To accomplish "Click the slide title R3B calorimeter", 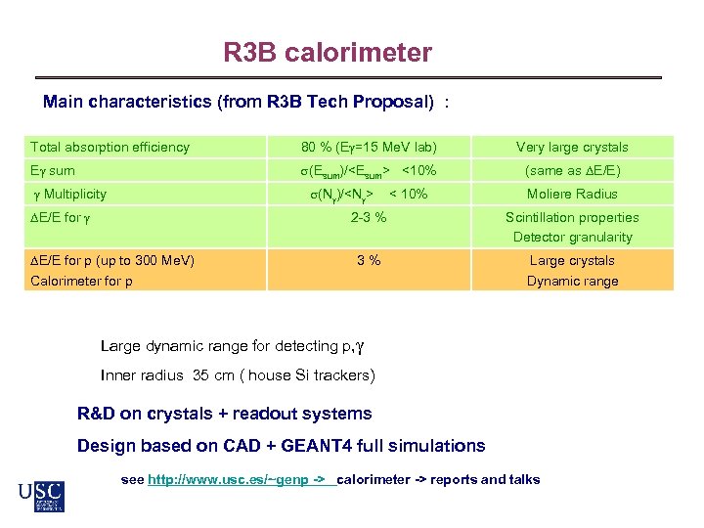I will click(327, 52).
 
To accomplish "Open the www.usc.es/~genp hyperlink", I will click(241, 479).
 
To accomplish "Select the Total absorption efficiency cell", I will click(110, 147).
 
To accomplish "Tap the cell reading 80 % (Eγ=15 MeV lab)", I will click(369, 147).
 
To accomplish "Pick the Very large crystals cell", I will click(572, 147).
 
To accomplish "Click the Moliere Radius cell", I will click(572, 194).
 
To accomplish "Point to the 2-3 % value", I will click(369, 217).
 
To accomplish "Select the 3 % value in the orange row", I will click(369, 260).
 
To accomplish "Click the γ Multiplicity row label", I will click(68, 194).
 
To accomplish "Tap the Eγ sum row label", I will click(53, 170).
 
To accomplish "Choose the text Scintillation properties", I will click(572, 217).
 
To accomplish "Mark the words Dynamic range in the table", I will click(572, 281).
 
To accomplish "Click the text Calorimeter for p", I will click(82, 281).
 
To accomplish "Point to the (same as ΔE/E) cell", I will click(572, 170).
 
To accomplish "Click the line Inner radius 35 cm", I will click(238, 375).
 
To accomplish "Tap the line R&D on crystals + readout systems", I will click(224, 414).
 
